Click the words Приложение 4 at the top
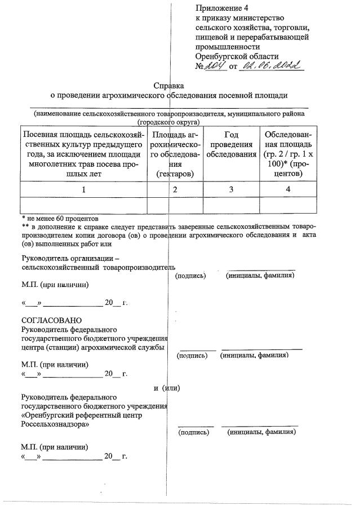click(221, 8)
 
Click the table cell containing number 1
click(83, 190)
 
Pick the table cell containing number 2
click(175, 190)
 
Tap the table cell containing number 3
click(231, 190)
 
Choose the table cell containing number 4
click(288, 190)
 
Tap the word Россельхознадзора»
click(55, 424)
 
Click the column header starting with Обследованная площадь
click(288, 154)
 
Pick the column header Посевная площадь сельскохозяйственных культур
click(83, 154)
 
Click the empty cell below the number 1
click(83, 206)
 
